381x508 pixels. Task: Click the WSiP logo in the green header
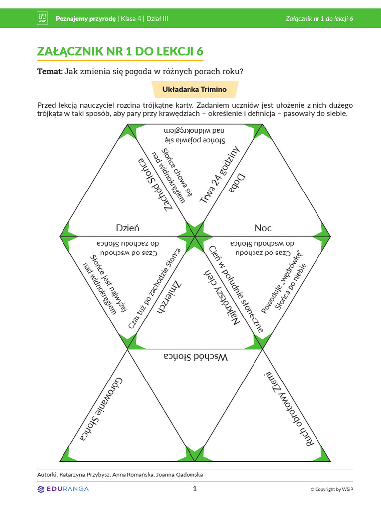[42, 19]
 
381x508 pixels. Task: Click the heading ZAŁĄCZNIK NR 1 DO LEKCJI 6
[120, 52]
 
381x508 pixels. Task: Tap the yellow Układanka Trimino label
[194, 90]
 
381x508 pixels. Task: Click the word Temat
[50, 71]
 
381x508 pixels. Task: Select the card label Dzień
[127, 228]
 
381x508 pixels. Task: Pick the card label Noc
[263, 228]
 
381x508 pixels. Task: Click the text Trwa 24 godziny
[219, 175]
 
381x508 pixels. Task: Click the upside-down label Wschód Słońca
[195, 357]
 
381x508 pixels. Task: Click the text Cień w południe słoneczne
[236, 285]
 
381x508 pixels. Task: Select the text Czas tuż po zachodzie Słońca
[155, 289]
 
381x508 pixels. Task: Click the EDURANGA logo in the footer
[63, 489]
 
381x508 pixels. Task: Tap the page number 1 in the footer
[195, 489]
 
